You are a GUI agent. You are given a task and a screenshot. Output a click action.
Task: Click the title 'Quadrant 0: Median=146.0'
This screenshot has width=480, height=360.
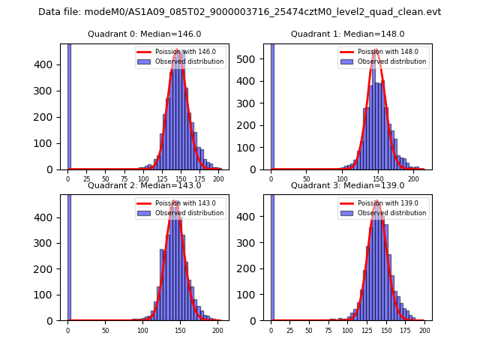click(144, 34)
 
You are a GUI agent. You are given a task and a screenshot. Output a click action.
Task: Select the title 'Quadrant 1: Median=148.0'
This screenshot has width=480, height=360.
click(347, 34)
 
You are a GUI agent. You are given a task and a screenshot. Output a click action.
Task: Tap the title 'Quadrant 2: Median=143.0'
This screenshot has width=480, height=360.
click(144, 185)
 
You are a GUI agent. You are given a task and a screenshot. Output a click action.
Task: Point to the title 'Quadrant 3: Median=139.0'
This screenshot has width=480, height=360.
click(347, 185)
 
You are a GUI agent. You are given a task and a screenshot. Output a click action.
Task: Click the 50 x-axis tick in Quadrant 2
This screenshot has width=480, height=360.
click(105, 330)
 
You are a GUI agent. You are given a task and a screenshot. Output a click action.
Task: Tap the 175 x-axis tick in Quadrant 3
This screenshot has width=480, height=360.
click(405, 330)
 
